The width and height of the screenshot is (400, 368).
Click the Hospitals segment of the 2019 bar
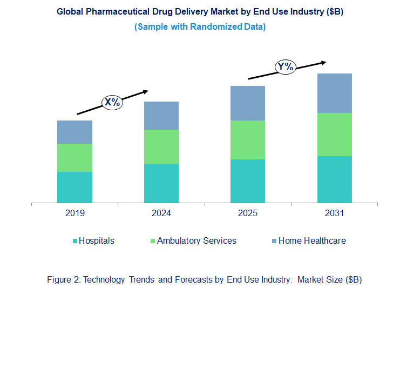click(74, 187)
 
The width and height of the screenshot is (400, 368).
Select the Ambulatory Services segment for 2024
click(161, 146)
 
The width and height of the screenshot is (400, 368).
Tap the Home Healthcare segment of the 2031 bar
click(334, 93)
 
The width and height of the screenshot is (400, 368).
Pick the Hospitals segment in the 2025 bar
click(247, 181)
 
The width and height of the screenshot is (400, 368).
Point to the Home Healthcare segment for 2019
click(74, 132)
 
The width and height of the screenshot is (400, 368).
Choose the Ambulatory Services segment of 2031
click(334, 135)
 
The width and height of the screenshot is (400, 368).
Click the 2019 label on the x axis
click(74, 213)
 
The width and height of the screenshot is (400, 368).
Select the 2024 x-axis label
click(161, 213)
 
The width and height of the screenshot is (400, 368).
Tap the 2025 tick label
click(247, 213)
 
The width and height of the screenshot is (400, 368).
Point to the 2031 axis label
click(334, 213)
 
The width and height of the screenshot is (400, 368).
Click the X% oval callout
click(113, 102)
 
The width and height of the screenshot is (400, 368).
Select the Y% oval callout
click(285, 67)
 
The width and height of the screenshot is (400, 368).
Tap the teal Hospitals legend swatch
click(76, 241)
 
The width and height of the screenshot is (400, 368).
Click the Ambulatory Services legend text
click(196, 241)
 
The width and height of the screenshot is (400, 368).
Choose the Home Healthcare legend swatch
click(275, 241)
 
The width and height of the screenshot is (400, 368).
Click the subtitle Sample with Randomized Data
click(200, 27)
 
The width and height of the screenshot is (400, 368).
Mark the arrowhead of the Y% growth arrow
click(324, 62)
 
